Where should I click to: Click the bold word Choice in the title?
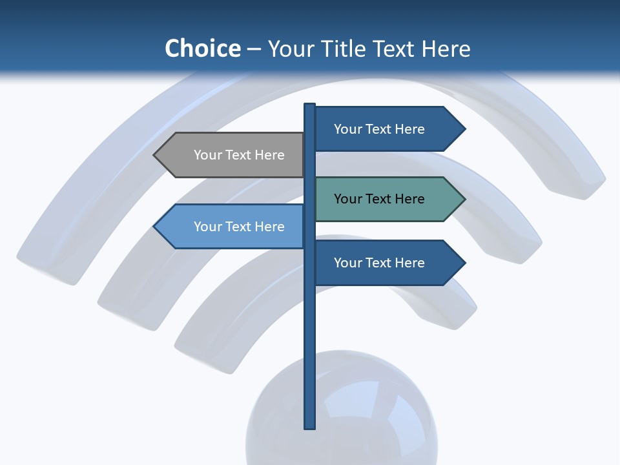coord(202,48)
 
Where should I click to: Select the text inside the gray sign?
coord(239,155)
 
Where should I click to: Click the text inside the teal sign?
coord(379,199)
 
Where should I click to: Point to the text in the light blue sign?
coord(239,227)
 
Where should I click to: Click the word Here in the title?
coord(446,49)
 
